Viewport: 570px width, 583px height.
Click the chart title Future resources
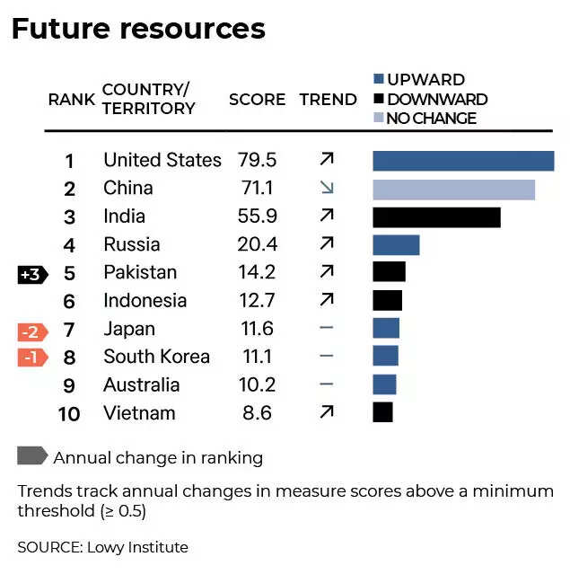point(138,29)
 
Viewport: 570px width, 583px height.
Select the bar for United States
point(463,161)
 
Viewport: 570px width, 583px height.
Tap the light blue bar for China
point(453,190)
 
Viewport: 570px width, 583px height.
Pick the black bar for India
point(436,217)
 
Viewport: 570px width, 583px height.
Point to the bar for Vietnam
point(382,412)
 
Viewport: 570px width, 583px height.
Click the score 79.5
point(257,161)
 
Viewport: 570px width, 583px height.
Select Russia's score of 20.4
point(257,244)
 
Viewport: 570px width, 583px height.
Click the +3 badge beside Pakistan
point(31,274)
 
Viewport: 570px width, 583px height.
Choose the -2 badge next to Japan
point(31,331)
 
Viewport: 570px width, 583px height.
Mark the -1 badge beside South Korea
point(31,358)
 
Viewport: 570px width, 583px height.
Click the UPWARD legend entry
point(425,80)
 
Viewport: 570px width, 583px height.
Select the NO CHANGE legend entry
point(431,118)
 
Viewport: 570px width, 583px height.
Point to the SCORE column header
point(257,100)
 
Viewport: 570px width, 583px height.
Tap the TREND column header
point(328,100)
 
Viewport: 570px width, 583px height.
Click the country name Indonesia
point(145,301)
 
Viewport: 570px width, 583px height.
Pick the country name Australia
point(141,384)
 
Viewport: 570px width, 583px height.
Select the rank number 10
point(69,414)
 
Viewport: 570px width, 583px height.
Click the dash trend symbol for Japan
point(327,329)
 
